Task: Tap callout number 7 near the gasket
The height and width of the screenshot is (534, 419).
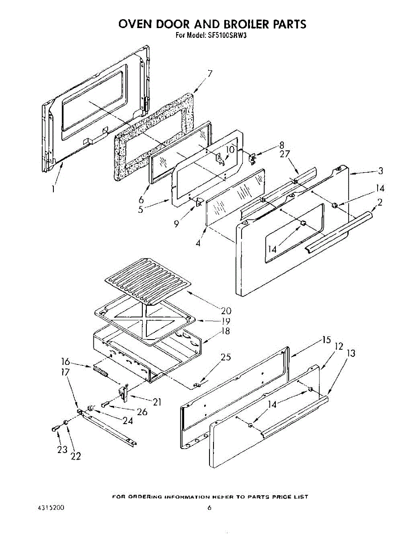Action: coord(209,74)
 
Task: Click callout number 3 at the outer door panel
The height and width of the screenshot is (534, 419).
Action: coord(380,171)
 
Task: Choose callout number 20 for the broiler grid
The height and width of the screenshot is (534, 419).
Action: coord(226,310)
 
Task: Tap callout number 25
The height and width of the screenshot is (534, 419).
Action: coord(226,357)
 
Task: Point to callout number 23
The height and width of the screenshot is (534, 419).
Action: coord(62,449)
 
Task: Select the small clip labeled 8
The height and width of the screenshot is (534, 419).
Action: coord(253,157)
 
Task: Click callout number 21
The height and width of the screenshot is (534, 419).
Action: coord(157,402)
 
